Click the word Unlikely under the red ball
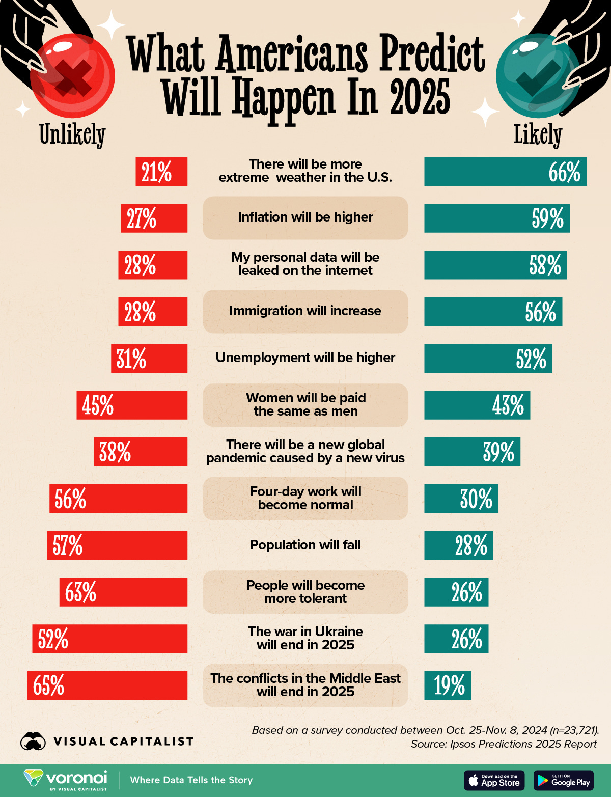pyautogui.click(x=72, y=134)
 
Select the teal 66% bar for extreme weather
pyautogui.click(x=505, y=172)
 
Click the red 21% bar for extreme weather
pyautogui.click(x=161, y=172)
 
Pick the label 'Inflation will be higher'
pyautogui.click(x=305, y=217)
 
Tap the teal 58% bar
pyautogui.click(x=495, y=265)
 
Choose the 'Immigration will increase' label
pyautogui.click(x=305, y=311)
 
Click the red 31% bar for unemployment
pyautogui.click(x=149, y=359)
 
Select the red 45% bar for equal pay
pyautogui.click(x=132, y=405)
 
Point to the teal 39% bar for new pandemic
pyautogui.click(x=472, y=452)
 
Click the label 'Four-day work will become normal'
pyautogui.click(x=305, y=498)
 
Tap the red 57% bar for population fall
pyautogui.click(x=117, y=545)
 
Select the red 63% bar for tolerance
pyautogui.click(x=123, y=592)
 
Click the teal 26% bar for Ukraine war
pyautogui.click(x=456, y=639)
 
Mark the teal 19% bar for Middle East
pyautogui.click(x=448, y=685)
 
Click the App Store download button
pyautogui.click(x=494, y=780)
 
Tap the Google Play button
pyautogui.click(x=564, y=780)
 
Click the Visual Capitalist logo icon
pyautogui.click(x=33, y=741)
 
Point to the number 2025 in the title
pyautogui.click(x=420, y=97)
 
